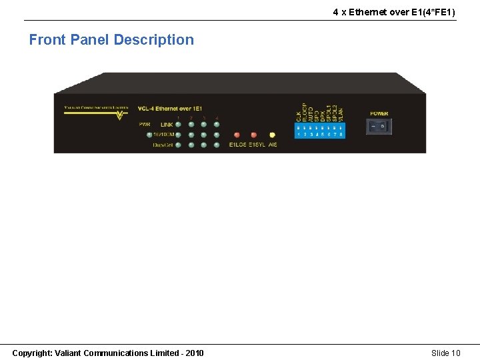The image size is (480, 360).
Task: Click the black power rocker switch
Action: [x=379, y=127]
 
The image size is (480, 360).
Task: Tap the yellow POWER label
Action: [x=379, y=114]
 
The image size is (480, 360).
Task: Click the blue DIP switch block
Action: [x=320, y=130]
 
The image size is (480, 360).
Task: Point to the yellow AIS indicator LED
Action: [x=272, y=135]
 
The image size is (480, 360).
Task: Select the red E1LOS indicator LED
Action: [x=237, y=135]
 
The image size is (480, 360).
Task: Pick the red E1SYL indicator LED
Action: [x=253, y=135]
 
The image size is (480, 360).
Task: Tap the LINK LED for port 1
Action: [x=178, y=125]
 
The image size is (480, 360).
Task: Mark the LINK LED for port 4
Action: [x=217, y=125]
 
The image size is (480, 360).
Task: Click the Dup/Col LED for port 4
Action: [x=217, y=144]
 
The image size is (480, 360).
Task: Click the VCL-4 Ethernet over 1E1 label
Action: [x=169, y=109]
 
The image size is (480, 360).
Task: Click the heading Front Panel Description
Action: [x=111, y=40]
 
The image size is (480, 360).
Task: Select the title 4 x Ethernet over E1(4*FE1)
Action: [x=394, y=12]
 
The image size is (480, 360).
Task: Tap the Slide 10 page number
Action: [x=445, y=353]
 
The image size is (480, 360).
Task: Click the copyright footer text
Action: [x=108, y=353]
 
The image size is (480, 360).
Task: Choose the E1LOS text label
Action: [x=237, y=145]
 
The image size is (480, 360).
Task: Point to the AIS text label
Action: [x=273, y=145]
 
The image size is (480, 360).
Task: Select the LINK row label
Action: [x=166, y=125]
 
